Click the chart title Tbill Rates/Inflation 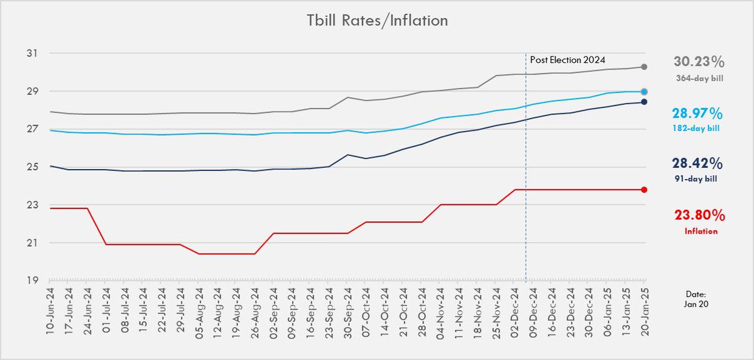pyautogui.click(x=378, y=21)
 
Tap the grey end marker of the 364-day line pyautogui.click(x=644, y=67)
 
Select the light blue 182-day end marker pyautogui.click(x=644, y=92)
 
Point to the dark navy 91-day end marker pyautogui.click(x=644, y=102)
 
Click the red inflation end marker pyautogui.click(x=644, y=190)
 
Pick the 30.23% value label pyautogui.click(x=699, y=62)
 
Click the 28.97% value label pyautogui.click(x=697, y=114)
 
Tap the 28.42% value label pyautogui.click(x=697, y=163)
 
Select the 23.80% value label pyautogui.click(x=700, y=215)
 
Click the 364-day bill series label pyautogui.click(x=700, y=79)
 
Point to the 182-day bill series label pyautogui.click(x=696, y=128)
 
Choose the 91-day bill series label pyautogui.click(x=696, y=178)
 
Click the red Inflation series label pyautogui.click(x=701, y=231)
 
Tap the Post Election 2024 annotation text pyautogui.click(x=567, y=60)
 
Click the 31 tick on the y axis pyautogui.click(x=32, y=53)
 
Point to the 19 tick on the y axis pyautogui.click(x=32, y=280)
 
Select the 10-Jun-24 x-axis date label pyautogui.click(x=50, y=311)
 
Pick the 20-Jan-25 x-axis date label pyautogui.click(x=645, y=311)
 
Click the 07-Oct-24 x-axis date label pyautogui.click(x=366, y=311)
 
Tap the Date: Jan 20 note pyautogui.click(x=696, y=299)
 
